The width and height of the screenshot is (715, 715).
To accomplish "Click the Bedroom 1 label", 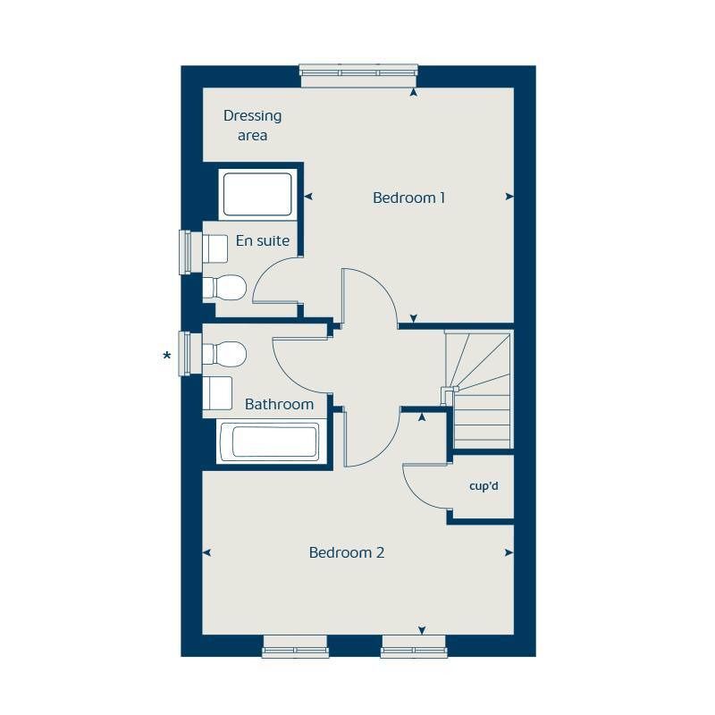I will pos(408,198).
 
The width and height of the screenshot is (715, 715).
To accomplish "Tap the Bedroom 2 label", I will pos(346,552).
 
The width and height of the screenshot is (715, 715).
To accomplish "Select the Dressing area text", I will pos(252,125).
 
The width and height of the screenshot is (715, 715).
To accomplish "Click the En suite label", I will pos(263,240).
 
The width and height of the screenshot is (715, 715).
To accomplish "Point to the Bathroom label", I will pos(279,404).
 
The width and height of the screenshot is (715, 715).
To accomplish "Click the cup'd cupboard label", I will pos(483,487).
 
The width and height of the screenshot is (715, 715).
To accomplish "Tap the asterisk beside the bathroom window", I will pos(166,357).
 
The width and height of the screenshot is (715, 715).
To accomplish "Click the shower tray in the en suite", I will pos(257,194).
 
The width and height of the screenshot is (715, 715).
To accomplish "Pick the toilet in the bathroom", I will pos(225,354).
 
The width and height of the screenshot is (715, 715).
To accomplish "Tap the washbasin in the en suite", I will pos(214,248).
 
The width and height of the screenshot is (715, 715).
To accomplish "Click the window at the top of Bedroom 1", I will pos(358,75).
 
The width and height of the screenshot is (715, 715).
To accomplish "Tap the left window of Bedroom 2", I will pos(295,646).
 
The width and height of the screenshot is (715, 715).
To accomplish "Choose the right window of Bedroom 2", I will pos(413,646).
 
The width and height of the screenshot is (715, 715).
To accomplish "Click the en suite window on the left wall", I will pos(187,252).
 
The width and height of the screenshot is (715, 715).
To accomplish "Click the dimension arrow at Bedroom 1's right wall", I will pos(509,197).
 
